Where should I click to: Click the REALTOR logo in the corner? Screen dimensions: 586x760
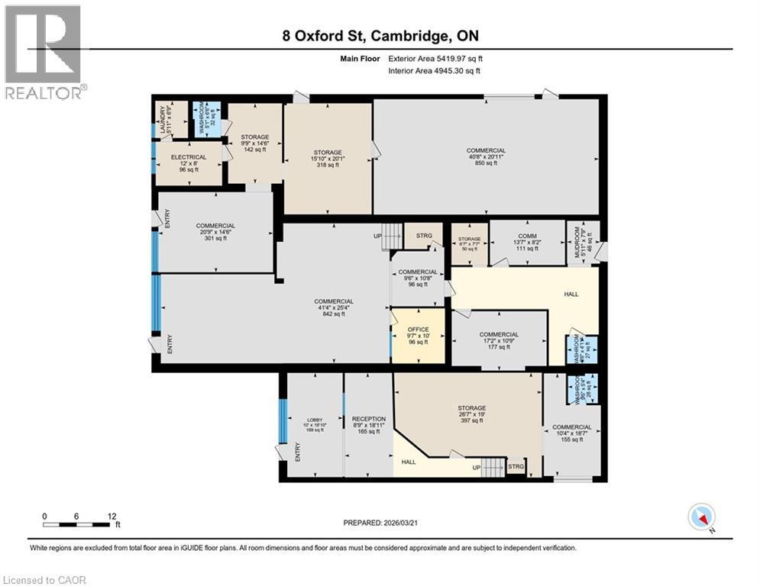click(44, 51)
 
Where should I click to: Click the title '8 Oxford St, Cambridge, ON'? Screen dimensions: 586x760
click(380, 36)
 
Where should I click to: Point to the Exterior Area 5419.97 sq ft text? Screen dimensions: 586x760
click(435, 58)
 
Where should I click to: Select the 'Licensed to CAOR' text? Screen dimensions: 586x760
click(44, 580)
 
